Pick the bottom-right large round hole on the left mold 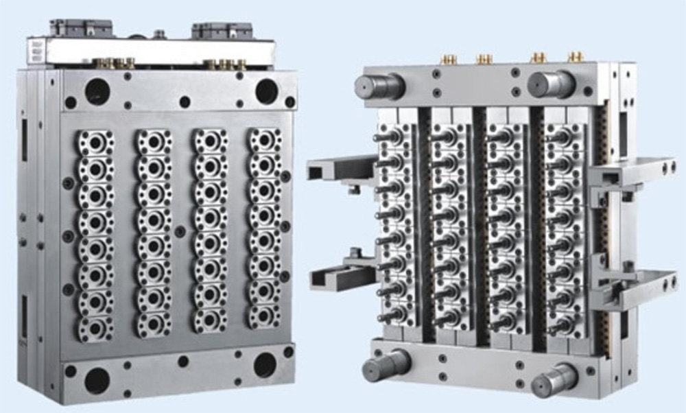coord(265,365)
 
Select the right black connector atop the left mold coord(220,30)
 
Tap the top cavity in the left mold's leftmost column coord(95,143)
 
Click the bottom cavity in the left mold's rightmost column coord(264,315)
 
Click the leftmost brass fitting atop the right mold coord(449,59)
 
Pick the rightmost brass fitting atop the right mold coord(576,56)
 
